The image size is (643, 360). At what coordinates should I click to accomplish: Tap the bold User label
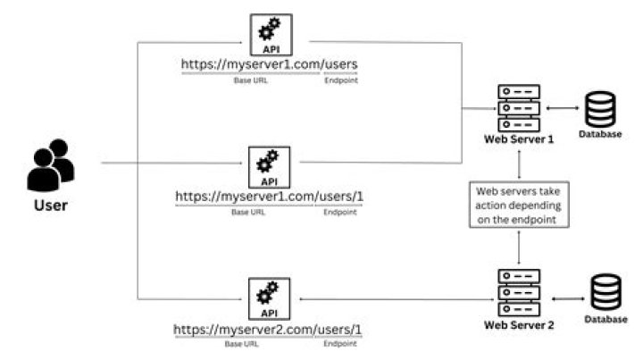click(50, 205)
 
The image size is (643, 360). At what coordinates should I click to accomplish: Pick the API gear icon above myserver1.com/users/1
click(267, 165)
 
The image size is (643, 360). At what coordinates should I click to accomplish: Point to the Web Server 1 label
click(519, 139)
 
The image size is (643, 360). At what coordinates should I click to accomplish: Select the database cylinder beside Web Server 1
click(600, 108)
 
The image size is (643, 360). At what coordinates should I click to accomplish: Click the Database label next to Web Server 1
click(600, 135)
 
